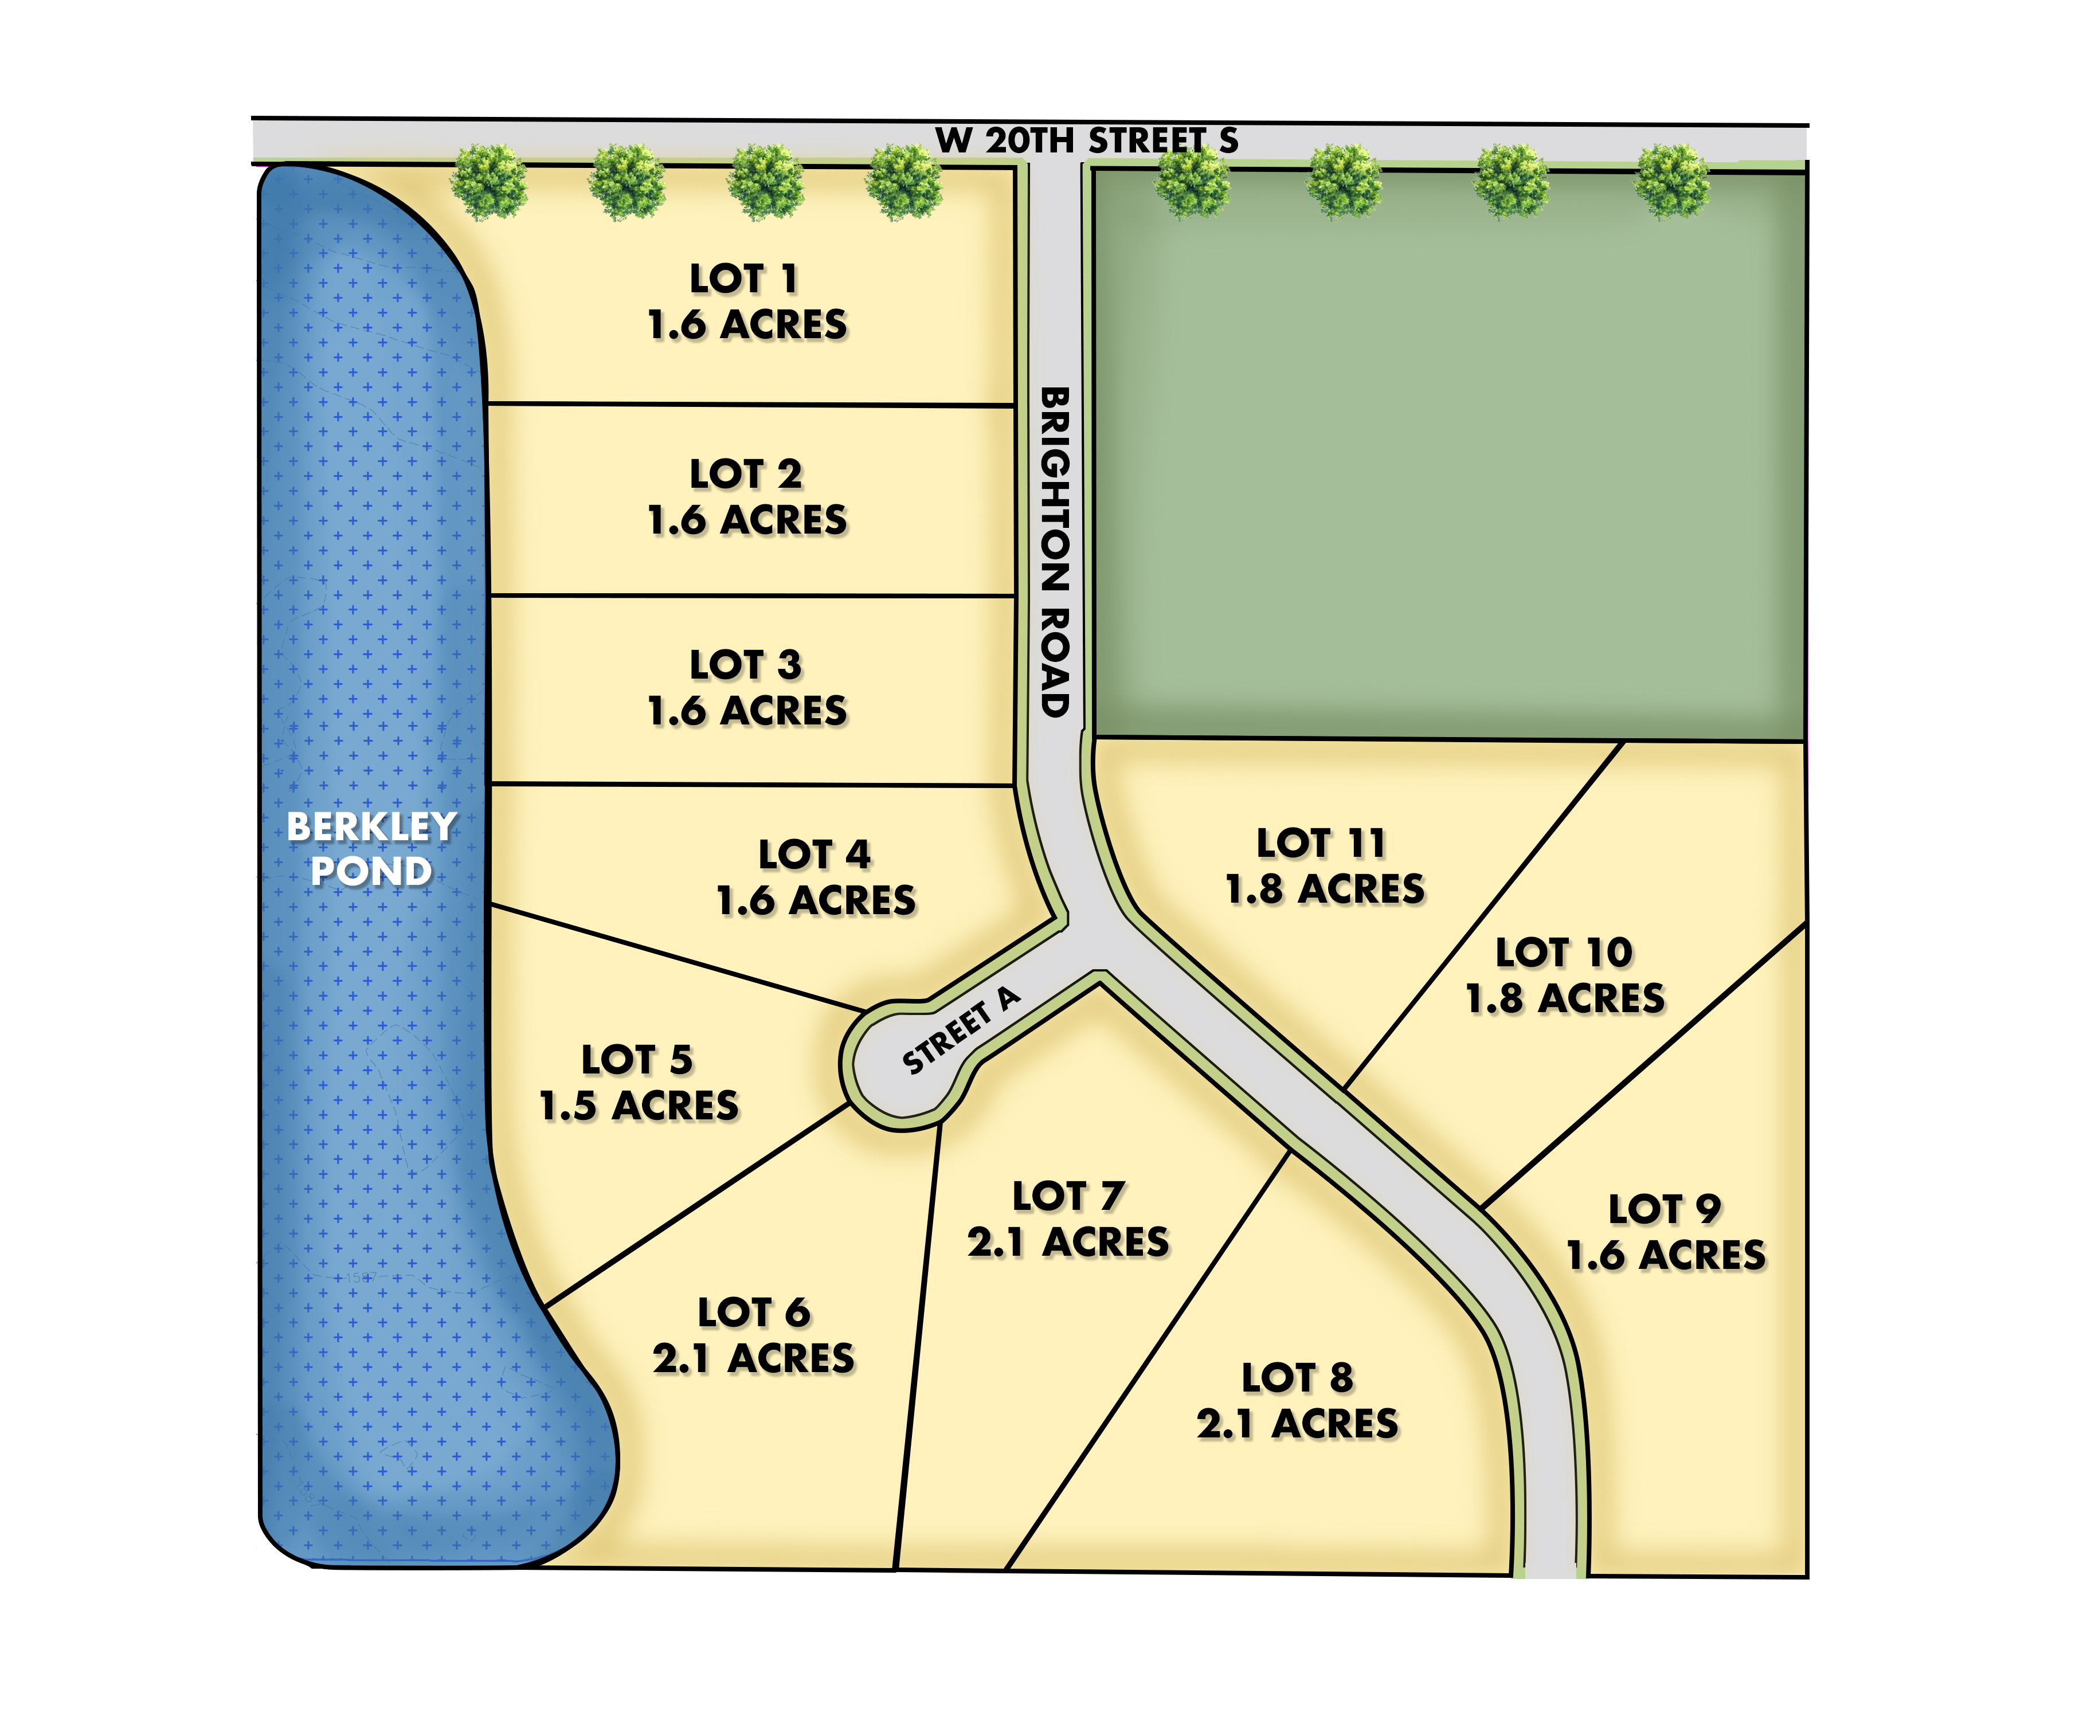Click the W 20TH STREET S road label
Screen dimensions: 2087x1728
pyautogui.click(x=1086, y=140)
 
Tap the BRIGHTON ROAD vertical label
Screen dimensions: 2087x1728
pyautogui.click(x=1055, y=551)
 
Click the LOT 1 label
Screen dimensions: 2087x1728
pyautogui.click(x=745, y=279)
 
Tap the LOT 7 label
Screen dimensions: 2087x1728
pyautogui.click(x=1068, y=1196)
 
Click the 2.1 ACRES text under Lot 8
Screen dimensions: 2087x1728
pyautogui.click(x=1298, y=1424)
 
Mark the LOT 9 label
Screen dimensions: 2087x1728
pyautogui.click(x=1666, y=1209)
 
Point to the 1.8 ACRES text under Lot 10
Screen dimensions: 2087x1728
pyautogui.click(x=1565, y=998)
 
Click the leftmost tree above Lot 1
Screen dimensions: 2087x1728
pyautogui.click(x=489, y=182)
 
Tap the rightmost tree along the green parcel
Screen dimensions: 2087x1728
pyautogui.click(x=1674, y=182)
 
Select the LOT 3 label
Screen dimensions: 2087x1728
pyautogui.click(x=745, y=665)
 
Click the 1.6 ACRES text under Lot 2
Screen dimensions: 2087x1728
pyautogui.click(x=747, y=520)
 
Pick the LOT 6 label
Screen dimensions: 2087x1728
pyautogui.click(x=754, y=1312)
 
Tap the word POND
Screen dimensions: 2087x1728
pyautogui.click(x=371, y=872)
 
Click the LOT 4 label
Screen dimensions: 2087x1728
pyautogui.click(x=815, y=855)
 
